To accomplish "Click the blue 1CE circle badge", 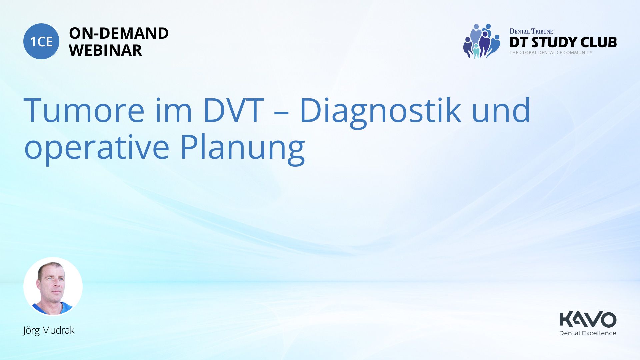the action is click(x=41, y=41).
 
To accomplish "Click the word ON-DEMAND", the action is click(x=119, y=33).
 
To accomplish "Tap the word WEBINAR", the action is click(x=105, y=50).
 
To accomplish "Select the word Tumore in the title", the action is click(x=84, y=110).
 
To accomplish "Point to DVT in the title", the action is click(x=234, y=110).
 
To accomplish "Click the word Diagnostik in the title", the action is click(x=380, y=112).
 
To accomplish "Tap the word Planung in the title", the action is click(x=243, y=149).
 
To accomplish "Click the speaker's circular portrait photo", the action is click(x=53, y=286).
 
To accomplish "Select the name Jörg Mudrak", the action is click(x=49, y=330).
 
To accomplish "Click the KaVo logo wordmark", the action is click(x=588, y=319).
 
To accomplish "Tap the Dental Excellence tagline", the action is click(x=588, y=333).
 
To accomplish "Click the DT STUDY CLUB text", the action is click(x=563, y=42).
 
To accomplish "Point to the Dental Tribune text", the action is click(x=531, y=31).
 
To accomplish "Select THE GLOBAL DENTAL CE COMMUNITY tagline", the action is click(x=551, y=53).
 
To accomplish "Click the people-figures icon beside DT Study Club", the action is click(x=482, y=41).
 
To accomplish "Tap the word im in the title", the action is click(x=174, y=110).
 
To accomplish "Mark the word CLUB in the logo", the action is click(x=598, y=42).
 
